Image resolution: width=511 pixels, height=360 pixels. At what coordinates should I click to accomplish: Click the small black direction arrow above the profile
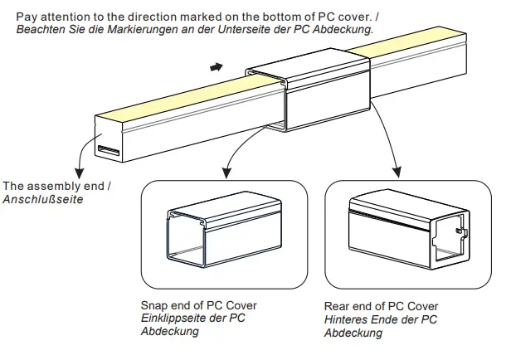[216, 66]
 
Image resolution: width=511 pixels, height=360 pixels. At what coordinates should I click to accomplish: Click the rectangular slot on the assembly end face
[109, 150]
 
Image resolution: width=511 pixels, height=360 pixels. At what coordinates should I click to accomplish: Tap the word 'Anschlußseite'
[43, 199]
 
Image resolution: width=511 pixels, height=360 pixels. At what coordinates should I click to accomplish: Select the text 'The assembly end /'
[56, 186]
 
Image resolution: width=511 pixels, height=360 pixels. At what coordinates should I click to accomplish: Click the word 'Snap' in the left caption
[154, 305]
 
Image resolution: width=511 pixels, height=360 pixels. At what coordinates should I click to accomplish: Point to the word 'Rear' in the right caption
[338, 306]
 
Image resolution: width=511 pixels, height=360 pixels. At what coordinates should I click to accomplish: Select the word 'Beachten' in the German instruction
[41, 29]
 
